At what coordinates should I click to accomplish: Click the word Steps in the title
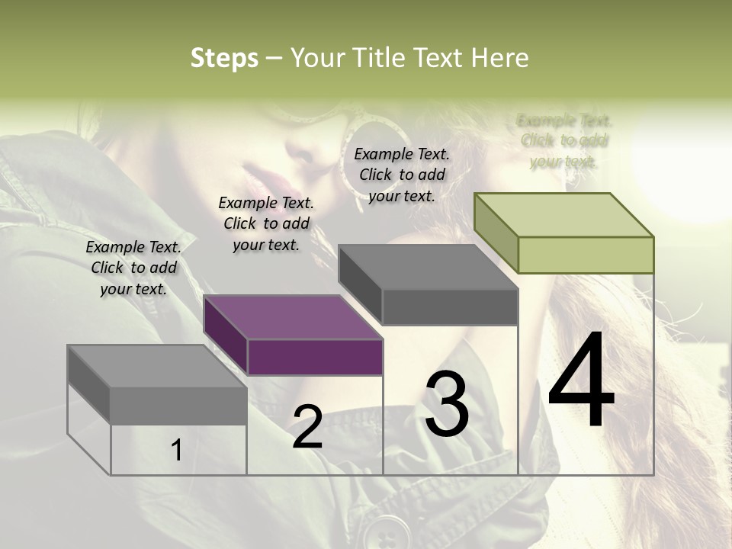224,58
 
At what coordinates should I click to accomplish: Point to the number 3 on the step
446,404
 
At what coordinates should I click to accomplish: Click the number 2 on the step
307,427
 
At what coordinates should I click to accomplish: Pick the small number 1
177,451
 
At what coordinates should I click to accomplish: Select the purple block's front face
315,357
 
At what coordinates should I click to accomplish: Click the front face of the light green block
586,255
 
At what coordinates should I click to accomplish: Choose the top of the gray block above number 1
156,366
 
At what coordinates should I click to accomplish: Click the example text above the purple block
266,223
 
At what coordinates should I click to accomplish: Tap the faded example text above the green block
564,140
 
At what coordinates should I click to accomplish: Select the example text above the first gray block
133,268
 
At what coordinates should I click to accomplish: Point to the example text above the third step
402,175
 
